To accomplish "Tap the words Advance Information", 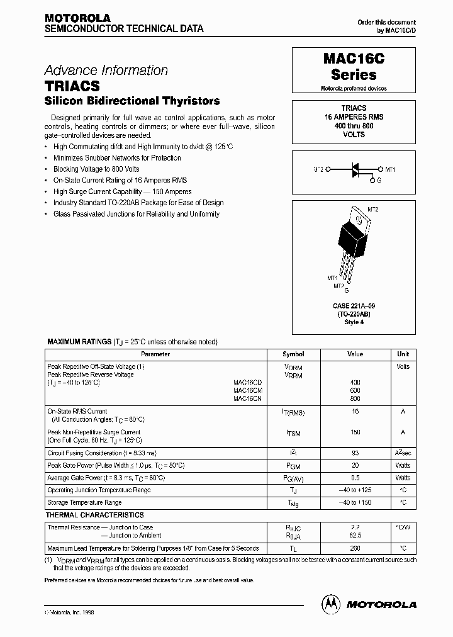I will [x=106, y=70].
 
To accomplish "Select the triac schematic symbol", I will [x=354, y=169].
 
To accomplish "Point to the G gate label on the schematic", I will [x=379, y=181].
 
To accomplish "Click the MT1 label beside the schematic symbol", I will [x=390, y=169].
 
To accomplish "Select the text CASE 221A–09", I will [x=353, y=307].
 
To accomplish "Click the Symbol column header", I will [x=293, y=354].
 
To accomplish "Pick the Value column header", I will [x=355, y=354].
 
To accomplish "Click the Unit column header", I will [x=403, y=354].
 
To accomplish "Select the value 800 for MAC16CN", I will [x=355, y=398].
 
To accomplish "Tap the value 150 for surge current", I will [x=355, y=432].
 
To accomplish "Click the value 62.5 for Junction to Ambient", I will [x=355, y=536].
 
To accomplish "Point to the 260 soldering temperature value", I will [x=355, y=548].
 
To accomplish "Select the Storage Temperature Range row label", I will [x=84, y=502].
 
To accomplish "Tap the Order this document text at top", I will [x=386, y=22].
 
